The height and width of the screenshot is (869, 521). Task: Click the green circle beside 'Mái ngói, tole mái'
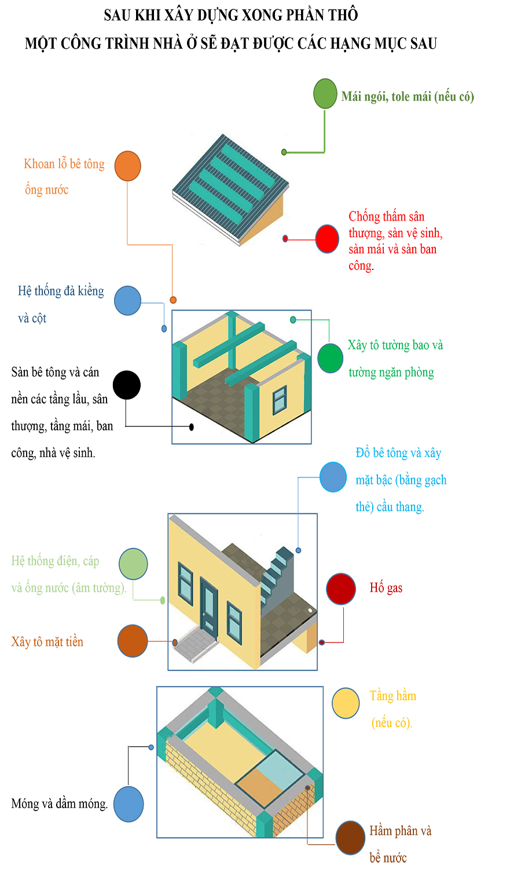[325, 94]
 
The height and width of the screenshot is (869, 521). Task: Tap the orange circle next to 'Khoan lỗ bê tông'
[127, 166]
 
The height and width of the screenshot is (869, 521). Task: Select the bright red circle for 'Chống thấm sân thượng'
[327, 239]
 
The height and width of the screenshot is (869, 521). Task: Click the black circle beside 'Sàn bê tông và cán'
[127, 385]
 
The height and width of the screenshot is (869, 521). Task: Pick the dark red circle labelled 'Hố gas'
[341, 589]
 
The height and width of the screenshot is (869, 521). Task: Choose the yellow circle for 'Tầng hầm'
[346, 703]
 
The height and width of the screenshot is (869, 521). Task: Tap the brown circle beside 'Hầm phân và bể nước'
[350, 838]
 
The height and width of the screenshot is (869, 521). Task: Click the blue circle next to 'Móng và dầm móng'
[129, 804]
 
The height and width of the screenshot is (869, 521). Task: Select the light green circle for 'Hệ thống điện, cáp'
[133, 564]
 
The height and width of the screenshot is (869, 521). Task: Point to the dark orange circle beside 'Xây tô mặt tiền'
[133, 641]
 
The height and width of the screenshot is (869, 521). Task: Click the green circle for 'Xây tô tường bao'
[331, 358]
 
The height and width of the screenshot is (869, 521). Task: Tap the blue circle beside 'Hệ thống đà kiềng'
[127, 301]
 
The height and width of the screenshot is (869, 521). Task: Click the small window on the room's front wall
[280, 400]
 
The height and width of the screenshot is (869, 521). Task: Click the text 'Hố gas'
[386, 588]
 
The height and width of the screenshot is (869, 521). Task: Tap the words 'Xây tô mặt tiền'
[47, 642]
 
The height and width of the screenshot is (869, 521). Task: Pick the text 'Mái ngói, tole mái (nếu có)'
[408, 96]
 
